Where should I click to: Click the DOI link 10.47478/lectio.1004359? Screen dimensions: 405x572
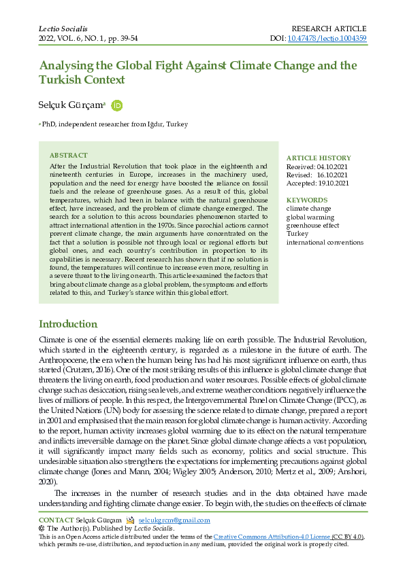coord(327,39)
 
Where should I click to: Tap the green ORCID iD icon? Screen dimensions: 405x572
coord(116,105)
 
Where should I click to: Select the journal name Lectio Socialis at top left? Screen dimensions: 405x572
coord(63,29)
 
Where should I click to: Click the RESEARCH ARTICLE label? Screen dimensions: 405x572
coord(329,29)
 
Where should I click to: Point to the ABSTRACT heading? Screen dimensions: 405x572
coord(69,156)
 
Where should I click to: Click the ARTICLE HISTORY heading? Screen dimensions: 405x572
coord(319,158)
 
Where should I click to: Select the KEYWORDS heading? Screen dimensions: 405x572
coord(307,200)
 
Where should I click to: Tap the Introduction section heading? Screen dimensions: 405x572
coord(68,324)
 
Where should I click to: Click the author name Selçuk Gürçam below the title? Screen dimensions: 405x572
coord(71,105)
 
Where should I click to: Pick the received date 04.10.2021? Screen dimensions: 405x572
coord(333,166)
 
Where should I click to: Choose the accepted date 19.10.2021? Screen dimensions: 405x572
coord(333,183)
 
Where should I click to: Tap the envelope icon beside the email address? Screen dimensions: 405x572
coord(130,520)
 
